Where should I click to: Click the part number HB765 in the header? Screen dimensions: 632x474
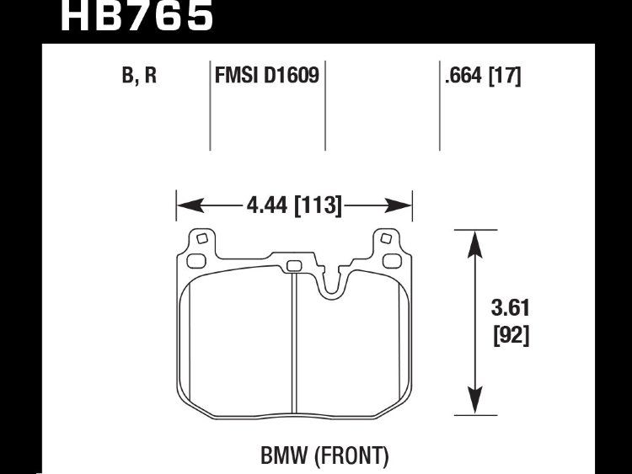(x=137, y=15)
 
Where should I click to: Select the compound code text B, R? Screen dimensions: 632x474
(x=139, y=75)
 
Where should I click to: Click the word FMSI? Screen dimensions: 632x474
(x=236, y=75)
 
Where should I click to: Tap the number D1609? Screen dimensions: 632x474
(x=291, y=75)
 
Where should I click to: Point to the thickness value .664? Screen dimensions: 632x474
(x=463, y=75)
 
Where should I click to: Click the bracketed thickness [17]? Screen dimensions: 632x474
(x=505, y=76)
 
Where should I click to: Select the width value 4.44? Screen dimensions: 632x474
(x=267, y=205)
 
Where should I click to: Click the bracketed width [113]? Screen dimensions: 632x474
(x=319, y=205)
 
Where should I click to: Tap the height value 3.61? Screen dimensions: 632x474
(x=511, y=308)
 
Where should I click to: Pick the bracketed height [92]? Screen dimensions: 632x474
(x=511, y=335)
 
